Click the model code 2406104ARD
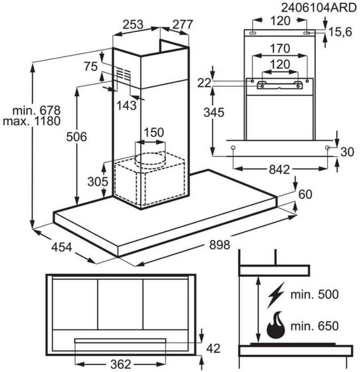pos(318,8)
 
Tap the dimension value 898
pos(219,245)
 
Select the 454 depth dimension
pos(62,247)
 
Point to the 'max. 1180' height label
pos(32,121)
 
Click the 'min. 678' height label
pos(37,110)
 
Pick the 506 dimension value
pos(76,137)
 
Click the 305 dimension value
pos(98,182)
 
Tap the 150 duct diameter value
pos(154,132)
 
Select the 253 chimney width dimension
pos(133,25)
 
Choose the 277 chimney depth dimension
pos(183,25)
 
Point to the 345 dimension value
pos(214,113)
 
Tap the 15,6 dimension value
pos(340,32)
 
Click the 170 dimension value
pos(280,48)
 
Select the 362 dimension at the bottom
pos(121,364)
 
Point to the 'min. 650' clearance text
pos(314,326)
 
